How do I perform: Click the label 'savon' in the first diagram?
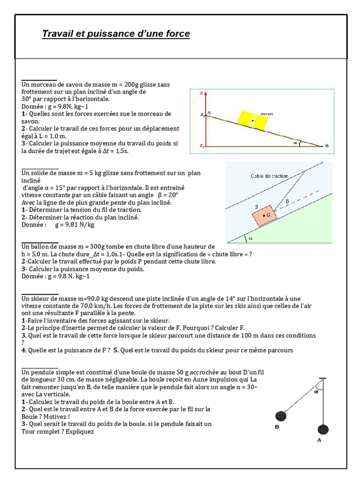266,114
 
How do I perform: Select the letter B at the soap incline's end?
327,146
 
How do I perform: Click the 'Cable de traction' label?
269,176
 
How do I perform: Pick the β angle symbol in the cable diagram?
288,201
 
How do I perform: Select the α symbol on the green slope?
251,238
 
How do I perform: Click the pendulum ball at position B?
280,416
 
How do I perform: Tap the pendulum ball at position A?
323,429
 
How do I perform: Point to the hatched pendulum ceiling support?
323,379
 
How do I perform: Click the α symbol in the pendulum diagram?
316,391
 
